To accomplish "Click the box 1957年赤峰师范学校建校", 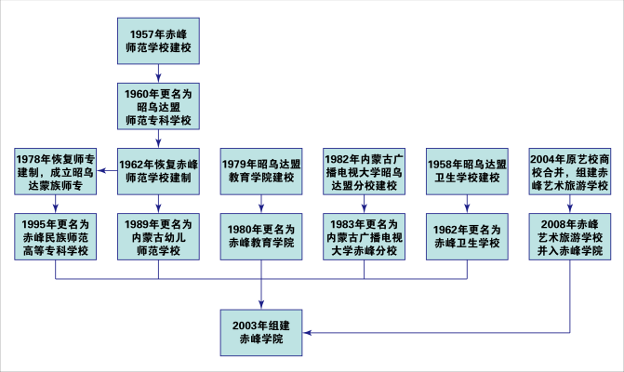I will pyautogui.click(x=159, y=40).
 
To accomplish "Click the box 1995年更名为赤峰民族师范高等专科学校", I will pyautogui.click(x=56, y=236).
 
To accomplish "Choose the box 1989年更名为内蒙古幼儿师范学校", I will pyautogui.click(x=159, y=236).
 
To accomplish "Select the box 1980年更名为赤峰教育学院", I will pyautogui.click(x=261, y=236).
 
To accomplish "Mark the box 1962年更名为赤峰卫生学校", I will pyautogui.click(x=467, y=236).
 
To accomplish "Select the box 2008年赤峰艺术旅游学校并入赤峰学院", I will pyautogui.click(x=569, y=236).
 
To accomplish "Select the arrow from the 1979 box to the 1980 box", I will pyautogui.click(x=261, y=204).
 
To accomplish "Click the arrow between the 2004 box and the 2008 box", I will pyautogui.click(x=569, y=204).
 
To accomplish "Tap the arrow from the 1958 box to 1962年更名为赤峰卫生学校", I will pyautogui.click(x=467, y=204).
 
